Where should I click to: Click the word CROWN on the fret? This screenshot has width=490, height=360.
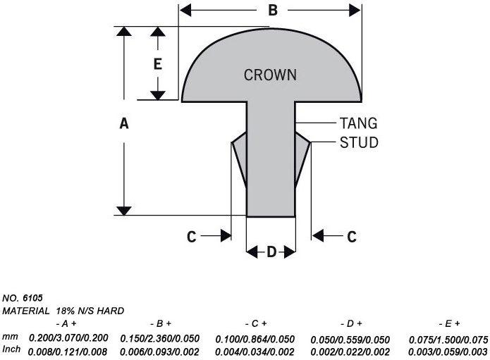(x=270, y=75)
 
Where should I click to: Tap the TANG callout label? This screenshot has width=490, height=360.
(x=358, y=123)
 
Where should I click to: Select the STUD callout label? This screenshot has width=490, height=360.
(x=359, y=142)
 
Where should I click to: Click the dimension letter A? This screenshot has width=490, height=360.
(x=124, y=123)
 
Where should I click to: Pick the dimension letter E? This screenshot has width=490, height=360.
(x=158, y=64)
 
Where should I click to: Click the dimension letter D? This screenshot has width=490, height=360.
(x=271, y=252)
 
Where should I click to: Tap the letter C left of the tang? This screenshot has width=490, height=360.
(x=191, y=237)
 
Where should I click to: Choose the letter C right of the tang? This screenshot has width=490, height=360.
(x=352, y=237)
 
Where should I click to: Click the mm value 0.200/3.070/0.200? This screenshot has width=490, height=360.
(x=68, y=339)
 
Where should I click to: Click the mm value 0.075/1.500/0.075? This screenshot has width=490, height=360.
(x=448, y=339)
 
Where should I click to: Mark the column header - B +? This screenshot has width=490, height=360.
(x=159, y=323)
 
